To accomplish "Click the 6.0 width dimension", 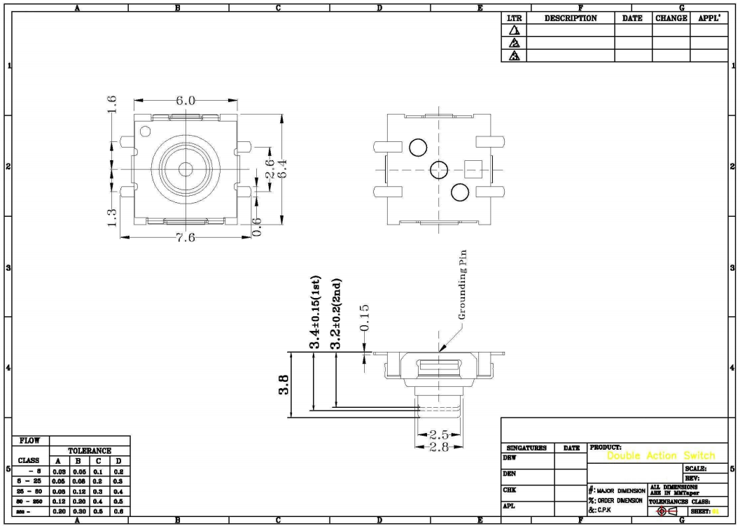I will coord(186,101).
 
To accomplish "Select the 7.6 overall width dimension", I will coord(186,238).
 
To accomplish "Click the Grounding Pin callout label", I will coord(462,285).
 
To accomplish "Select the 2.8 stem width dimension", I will coord(438,447).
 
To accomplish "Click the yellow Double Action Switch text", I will coord(661,456).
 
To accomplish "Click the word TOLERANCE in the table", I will coord(90,451).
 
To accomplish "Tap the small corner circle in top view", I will coord(146,131).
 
